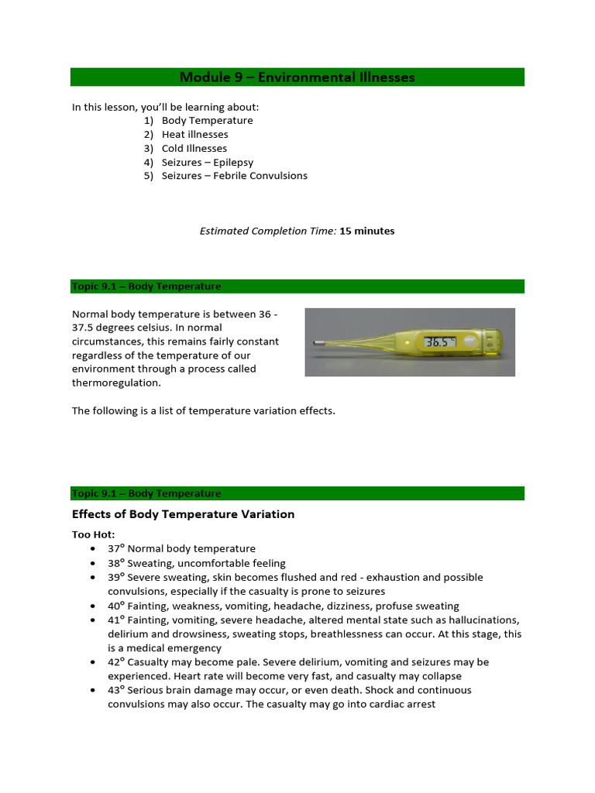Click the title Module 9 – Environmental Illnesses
tap(297, 77)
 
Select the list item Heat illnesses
tap(194, 135)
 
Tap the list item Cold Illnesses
tap(194, 149)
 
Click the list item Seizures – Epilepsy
tap(207, 163)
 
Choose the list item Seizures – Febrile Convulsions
tap(234, 177)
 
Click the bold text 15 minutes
tap(367, 232)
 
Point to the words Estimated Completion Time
tap(268, 232)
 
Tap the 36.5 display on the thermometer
tap(436, 341)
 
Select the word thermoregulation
tap(111, 383)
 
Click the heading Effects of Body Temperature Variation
tap(183, 515)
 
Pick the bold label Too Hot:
tap(93, 535)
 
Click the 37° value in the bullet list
tap(116, 549)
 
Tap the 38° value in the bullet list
tap(116, 564)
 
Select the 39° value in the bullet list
tap(116, 578)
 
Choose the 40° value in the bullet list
tap(116, 606)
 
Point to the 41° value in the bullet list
tap(116, 620)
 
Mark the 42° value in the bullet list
tap(116, 663)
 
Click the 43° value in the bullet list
tap(116, 691)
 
